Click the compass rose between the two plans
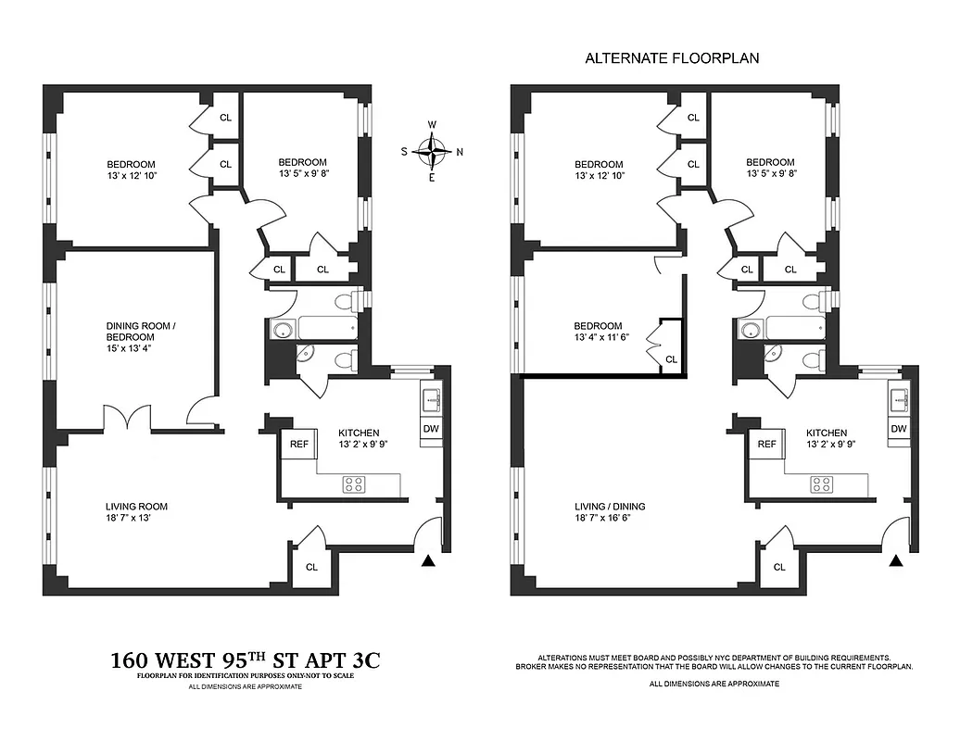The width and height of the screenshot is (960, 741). tap(432, 151)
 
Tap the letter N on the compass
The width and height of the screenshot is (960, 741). tap(460, 152)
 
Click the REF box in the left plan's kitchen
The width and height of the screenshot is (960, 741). tap(299, 445)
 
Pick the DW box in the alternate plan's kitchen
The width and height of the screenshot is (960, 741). tap(898, 429)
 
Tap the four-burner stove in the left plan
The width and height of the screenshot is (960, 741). tap(354, 483)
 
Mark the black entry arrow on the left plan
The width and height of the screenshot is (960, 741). tap(427, 560)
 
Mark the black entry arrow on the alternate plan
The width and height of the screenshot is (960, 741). tap(895, 560)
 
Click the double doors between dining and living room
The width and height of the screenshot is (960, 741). tap(127, 419)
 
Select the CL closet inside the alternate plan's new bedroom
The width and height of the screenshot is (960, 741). tap(671, 358)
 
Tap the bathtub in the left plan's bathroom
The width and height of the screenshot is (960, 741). tap(325, 328)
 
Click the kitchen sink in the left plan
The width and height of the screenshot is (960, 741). tap(431, 399)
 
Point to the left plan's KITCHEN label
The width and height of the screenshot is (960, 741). tap(359, 433)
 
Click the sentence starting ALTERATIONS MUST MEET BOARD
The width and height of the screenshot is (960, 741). tap(714, 656)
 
